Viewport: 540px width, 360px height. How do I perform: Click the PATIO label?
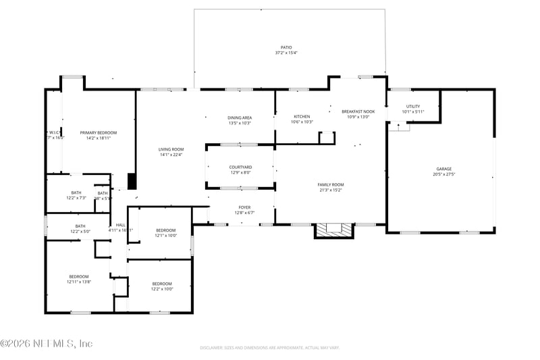(286, 47)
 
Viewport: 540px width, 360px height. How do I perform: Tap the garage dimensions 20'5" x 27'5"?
(443, 174)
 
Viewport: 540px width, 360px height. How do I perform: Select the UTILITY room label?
(412, 106)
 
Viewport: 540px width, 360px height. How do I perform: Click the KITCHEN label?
(302, 117)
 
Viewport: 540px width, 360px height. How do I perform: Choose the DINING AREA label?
(240, 118)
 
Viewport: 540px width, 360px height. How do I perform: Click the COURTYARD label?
(240, 167)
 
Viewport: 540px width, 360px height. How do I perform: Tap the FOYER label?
(244, 207)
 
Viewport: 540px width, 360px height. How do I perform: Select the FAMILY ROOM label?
(331, 184)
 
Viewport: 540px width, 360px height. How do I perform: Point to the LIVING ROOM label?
(171, 149)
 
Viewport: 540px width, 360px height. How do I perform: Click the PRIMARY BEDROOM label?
(98, 132)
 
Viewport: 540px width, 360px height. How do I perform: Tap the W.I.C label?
(55, 132)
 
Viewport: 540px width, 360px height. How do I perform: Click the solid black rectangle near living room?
(132, 181)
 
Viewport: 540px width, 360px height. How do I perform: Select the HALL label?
(121, 225)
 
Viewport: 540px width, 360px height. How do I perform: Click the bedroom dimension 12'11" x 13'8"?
(78, 282)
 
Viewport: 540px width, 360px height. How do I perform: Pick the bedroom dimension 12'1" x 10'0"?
(165, 235)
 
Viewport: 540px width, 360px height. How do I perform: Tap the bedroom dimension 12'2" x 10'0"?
(161, 288)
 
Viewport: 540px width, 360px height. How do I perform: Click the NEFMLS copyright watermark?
(46, 343)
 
